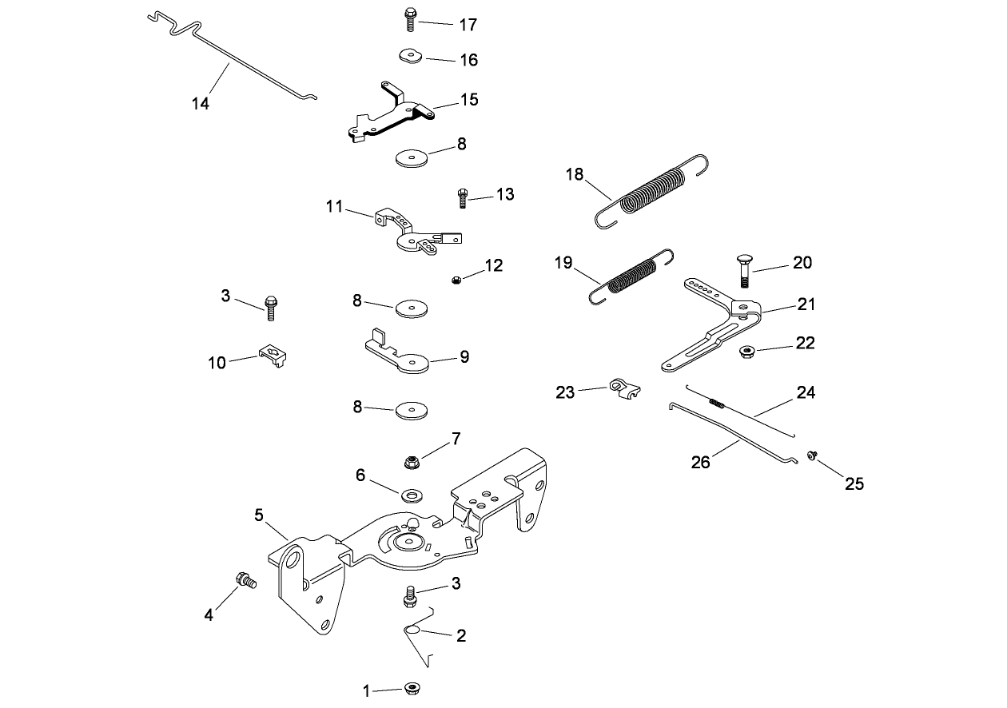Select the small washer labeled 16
point(409,55)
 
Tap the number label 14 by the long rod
point(201,103)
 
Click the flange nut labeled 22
point(748,350)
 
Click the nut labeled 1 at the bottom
point(413,689)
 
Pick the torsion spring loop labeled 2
point(413,631)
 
